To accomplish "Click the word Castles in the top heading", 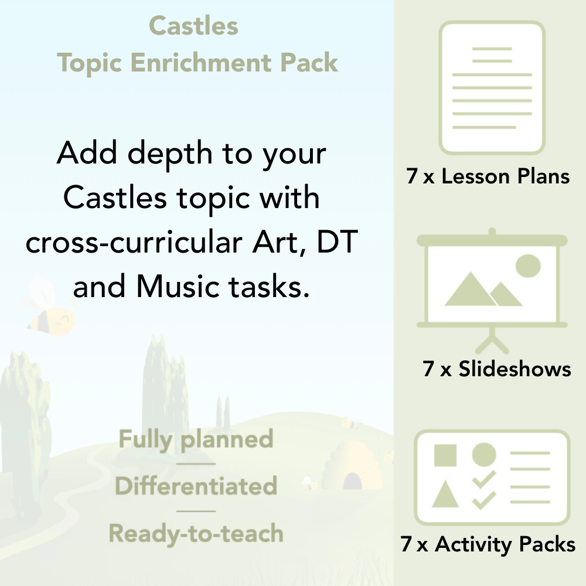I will coord(193,26).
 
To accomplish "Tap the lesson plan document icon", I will coord(492,88).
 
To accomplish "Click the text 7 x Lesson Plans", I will coord(488,176).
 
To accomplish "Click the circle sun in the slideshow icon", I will coord(527,265).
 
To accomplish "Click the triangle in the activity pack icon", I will coord(445,495).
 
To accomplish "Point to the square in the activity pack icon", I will coord(445,455).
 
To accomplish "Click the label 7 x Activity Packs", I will coord(488,544).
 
